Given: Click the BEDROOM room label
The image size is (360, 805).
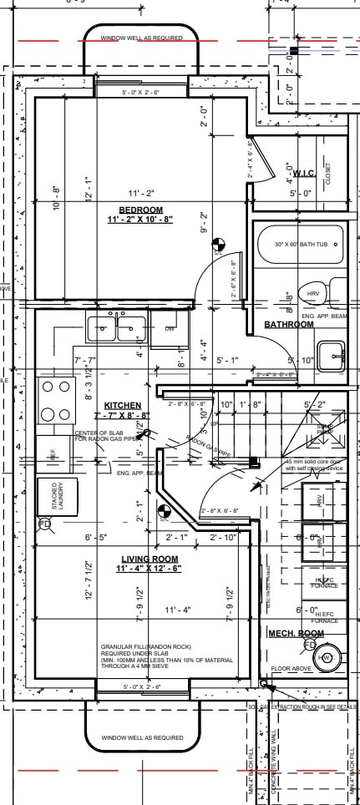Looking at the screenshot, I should pyautogui.click(x=140, y=209).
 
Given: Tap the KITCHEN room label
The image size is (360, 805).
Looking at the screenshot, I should pyautogui.click(x=122, y=404).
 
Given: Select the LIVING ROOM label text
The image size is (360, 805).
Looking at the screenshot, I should pyautogui.click(x=148, y=559).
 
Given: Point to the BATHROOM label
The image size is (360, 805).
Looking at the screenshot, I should pyautogui.click(x=289, y=324).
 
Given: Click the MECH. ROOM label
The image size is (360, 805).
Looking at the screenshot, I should pyautogui.click(x=296, y=634).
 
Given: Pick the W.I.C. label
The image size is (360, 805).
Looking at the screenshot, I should pyautogui.click(x=302, y=173).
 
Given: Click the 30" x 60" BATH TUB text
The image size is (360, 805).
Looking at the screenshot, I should pyautogui.click(x=297, y=245).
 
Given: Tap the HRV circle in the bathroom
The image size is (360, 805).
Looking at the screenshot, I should pyautogui.click(x=314, y=295).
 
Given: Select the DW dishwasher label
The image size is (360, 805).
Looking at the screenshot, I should pyautogui.click(x=170, y=329).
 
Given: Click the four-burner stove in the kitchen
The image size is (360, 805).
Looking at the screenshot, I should pyautogui.click(x=56, y=400).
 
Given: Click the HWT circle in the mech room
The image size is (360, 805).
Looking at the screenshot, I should pyautogui.click(x=326, y=659).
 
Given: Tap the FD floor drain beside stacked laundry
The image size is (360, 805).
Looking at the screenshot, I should pyautogui.click(x=44, y=524).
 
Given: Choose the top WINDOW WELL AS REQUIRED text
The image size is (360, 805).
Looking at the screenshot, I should pyautogui.click(x=141, y=38).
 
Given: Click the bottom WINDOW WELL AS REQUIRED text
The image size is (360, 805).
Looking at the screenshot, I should pyautogui.click(x=141, y=737).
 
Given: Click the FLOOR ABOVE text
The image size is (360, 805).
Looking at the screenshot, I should pyautogui.click(x=292, y=669).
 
